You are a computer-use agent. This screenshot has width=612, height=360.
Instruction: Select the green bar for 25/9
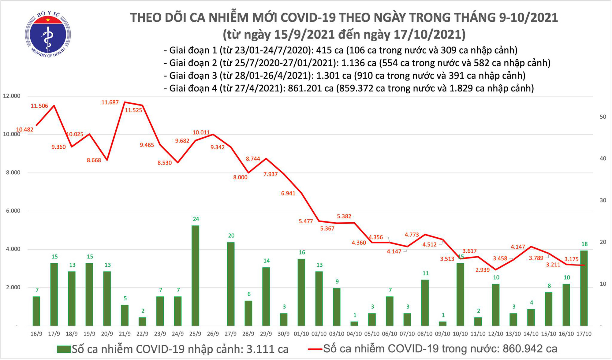point(195,275)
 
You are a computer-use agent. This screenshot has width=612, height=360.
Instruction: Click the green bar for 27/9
point(231,284)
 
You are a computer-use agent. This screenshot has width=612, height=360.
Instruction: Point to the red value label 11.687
point(110,102)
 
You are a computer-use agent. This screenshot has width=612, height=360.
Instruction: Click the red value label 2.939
point(483,270)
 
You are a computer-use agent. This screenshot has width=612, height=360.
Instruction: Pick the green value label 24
point(196,219)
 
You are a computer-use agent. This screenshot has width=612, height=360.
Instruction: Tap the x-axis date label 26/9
point(213,334)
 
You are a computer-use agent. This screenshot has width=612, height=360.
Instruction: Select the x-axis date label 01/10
point(301,334)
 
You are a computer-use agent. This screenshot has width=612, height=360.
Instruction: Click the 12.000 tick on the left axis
point(11,96)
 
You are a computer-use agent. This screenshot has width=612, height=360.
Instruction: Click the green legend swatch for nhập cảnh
point(64,349)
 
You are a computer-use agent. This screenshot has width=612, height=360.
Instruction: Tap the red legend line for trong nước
point(315,349)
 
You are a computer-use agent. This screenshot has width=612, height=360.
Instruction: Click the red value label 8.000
point(240,177)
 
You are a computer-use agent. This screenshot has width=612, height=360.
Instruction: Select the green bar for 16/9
point(36,311)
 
